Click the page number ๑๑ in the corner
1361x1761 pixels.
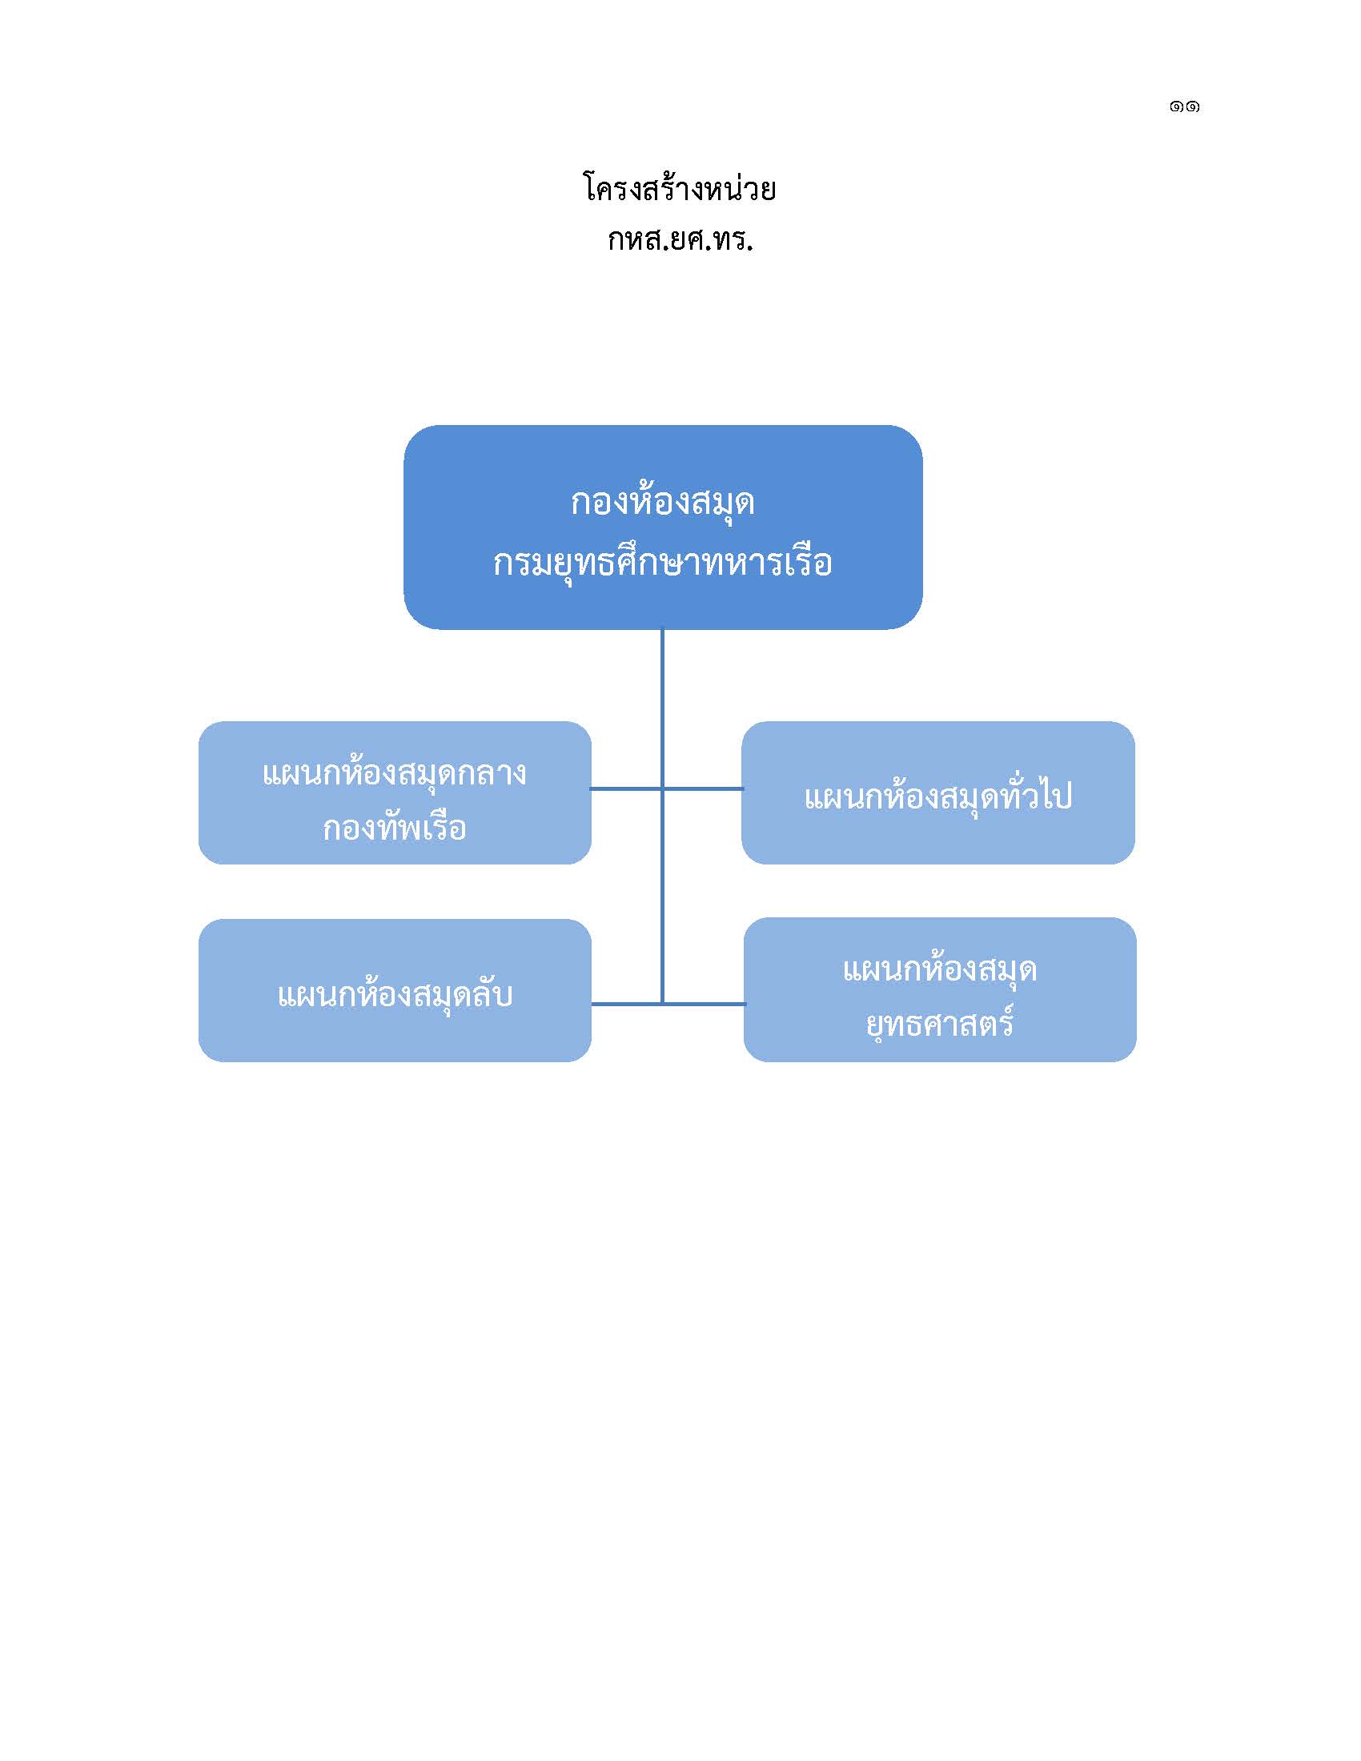pyautogui.click(x=1183, y=106)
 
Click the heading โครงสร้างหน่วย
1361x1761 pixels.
pyautogui.click(x=679, y=189)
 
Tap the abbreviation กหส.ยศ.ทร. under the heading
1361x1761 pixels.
pyautogui.click(x=680, y=240)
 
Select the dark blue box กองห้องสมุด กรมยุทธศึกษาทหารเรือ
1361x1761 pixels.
pyautogui.click(x=663, y=527)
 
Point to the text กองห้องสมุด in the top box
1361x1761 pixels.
pyautogui.click(x=663, y=502)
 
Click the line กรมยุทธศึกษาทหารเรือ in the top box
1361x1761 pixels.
pyautogui.click(x=663, y=562)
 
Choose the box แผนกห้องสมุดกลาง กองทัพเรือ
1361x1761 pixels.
pyautogui.click(x=394, y=792)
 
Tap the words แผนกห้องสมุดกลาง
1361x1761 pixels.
pyautogui.click(x=394, y=772)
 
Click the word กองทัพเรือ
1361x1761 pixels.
pyautogui.click(x=394, y=828)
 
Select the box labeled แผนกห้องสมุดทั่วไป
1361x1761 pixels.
pyautogui.click(x=937, y=792)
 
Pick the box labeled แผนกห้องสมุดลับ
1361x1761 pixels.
pyautogui.click(x=394, y=990)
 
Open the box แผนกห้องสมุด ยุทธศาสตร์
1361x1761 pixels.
pyautogui.click(x=939, y=989)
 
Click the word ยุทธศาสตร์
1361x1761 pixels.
pyautogui.click(x=939, y=1023)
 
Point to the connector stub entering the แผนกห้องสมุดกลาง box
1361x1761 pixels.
pyautogui.click(x=627, y=788)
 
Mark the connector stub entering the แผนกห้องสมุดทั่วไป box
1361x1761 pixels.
pyautogui.click(x=702, y=788)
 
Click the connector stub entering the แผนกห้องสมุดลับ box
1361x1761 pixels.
pyautogui.click(x=627, y=1004)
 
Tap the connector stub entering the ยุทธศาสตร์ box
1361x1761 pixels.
pyautogui.click(x=704, y=1004)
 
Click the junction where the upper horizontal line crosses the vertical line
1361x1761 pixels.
pyautogui.click(x=662, y=788)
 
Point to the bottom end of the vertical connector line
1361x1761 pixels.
pyautogui.click(x=662, y=1005)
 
